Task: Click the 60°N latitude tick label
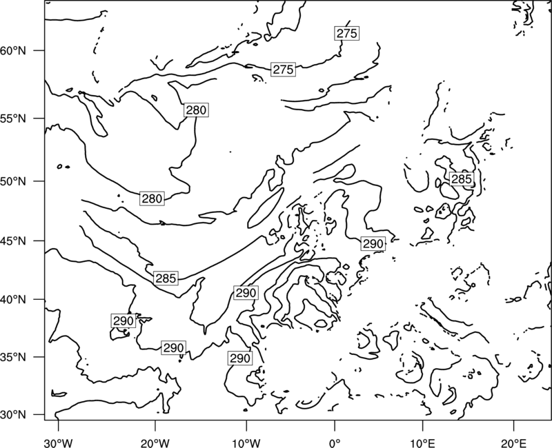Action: (x=13, y=50)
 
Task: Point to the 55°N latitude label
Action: (x=13, y=119)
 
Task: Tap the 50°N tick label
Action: (x=13, y=181)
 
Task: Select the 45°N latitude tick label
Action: (x=13, y=241)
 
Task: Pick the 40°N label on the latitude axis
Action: (x=13, y=300)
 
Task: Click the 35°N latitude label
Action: (x=13, y=357)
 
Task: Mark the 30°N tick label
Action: (x=13, y=415)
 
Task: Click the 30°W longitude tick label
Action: (x=58, y=443)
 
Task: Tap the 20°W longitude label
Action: (x=155, y=443)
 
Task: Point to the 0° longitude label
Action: (x=335, y=443)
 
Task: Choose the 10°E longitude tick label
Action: (x=422, y=443)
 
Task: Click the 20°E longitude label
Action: (x=513, y=443)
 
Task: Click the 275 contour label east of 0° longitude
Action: (x=347, y=33)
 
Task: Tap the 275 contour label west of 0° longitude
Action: (x=283, y=70)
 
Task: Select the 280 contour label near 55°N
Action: (x=196, y=110)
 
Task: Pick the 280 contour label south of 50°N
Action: (x=152, y=198)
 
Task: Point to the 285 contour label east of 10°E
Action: (x=461, y=179)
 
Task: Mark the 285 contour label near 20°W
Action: (x=166, y=278)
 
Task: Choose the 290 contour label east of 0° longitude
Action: (x=373, y=243)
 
